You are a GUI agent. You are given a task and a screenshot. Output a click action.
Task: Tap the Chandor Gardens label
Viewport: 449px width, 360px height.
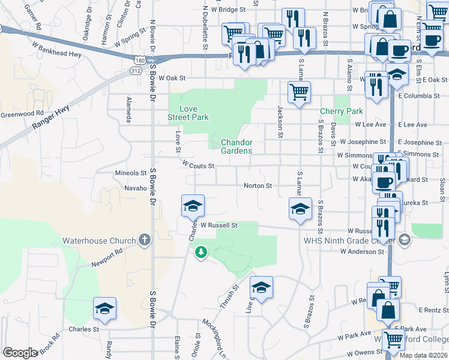point(237,146)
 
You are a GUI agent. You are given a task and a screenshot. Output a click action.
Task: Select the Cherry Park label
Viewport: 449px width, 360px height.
point(342,111)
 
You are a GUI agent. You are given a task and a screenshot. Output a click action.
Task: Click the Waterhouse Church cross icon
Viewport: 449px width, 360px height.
point(144,241)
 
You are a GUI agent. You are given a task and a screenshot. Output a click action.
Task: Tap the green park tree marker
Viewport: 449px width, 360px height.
point(200,254)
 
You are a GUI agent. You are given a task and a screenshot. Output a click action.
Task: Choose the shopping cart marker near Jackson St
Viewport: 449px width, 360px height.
point(299,92)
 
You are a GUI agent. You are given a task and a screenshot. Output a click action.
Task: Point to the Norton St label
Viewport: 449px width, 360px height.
point(258,186)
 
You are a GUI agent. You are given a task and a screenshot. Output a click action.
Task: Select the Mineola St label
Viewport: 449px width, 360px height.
point(130,173)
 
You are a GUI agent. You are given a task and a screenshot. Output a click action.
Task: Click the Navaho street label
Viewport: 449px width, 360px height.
point(135,188)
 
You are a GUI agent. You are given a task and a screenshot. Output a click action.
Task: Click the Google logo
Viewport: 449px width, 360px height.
point(20,353)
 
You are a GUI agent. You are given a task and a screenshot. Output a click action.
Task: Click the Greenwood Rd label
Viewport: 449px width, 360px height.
point(22,113)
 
